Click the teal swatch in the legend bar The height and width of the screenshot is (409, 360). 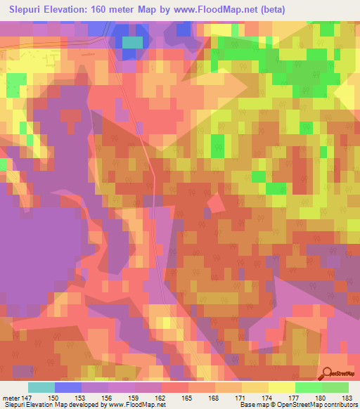pos(41,387)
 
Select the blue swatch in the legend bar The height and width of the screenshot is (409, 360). pos(67,387)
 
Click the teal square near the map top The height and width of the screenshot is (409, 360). pos(131,42)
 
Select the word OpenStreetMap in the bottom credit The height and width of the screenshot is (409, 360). pos(290,405)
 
